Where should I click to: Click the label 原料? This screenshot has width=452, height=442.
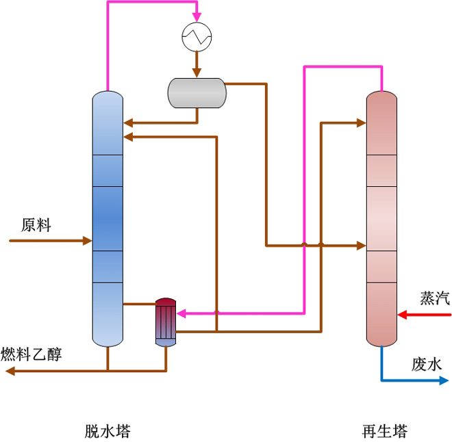coord(36,225)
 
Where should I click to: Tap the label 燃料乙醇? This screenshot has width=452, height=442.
coord(31,354)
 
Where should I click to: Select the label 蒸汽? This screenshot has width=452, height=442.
coord(435,298)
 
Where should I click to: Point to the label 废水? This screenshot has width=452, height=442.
coord(427,363)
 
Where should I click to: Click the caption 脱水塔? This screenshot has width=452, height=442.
coord(108,431)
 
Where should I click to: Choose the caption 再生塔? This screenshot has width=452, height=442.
coord(384,431)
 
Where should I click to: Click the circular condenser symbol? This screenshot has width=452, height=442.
coord(196,36)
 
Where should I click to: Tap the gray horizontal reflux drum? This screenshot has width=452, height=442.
coord(197,93)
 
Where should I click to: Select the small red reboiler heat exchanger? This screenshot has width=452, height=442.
coord(166,322)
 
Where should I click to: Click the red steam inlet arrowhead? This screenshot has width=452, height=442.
coord(403,315)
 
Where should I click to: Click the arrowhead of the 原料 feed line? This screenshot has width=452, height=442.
coord(87,241)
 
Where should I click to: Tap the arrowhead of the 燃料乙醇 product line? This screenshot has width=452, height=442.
coord(9,372)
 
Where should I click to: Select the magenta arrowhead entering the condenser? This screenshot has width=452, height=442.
coord(196,17)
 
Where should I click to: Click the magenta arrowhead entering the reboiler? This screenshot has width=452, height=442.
coord(182,313)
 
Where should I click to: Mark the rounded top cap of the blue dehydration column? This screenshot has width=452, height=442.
coord(108,98)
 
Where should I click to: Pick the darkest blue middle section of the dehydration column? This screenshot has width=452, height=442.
coord(108,219)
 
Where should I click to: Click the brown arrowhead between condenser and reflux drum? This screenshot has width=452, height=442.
coord(196,73)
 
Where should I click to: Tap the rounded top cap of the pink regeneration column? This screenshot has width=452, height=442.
coord(381,98)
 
